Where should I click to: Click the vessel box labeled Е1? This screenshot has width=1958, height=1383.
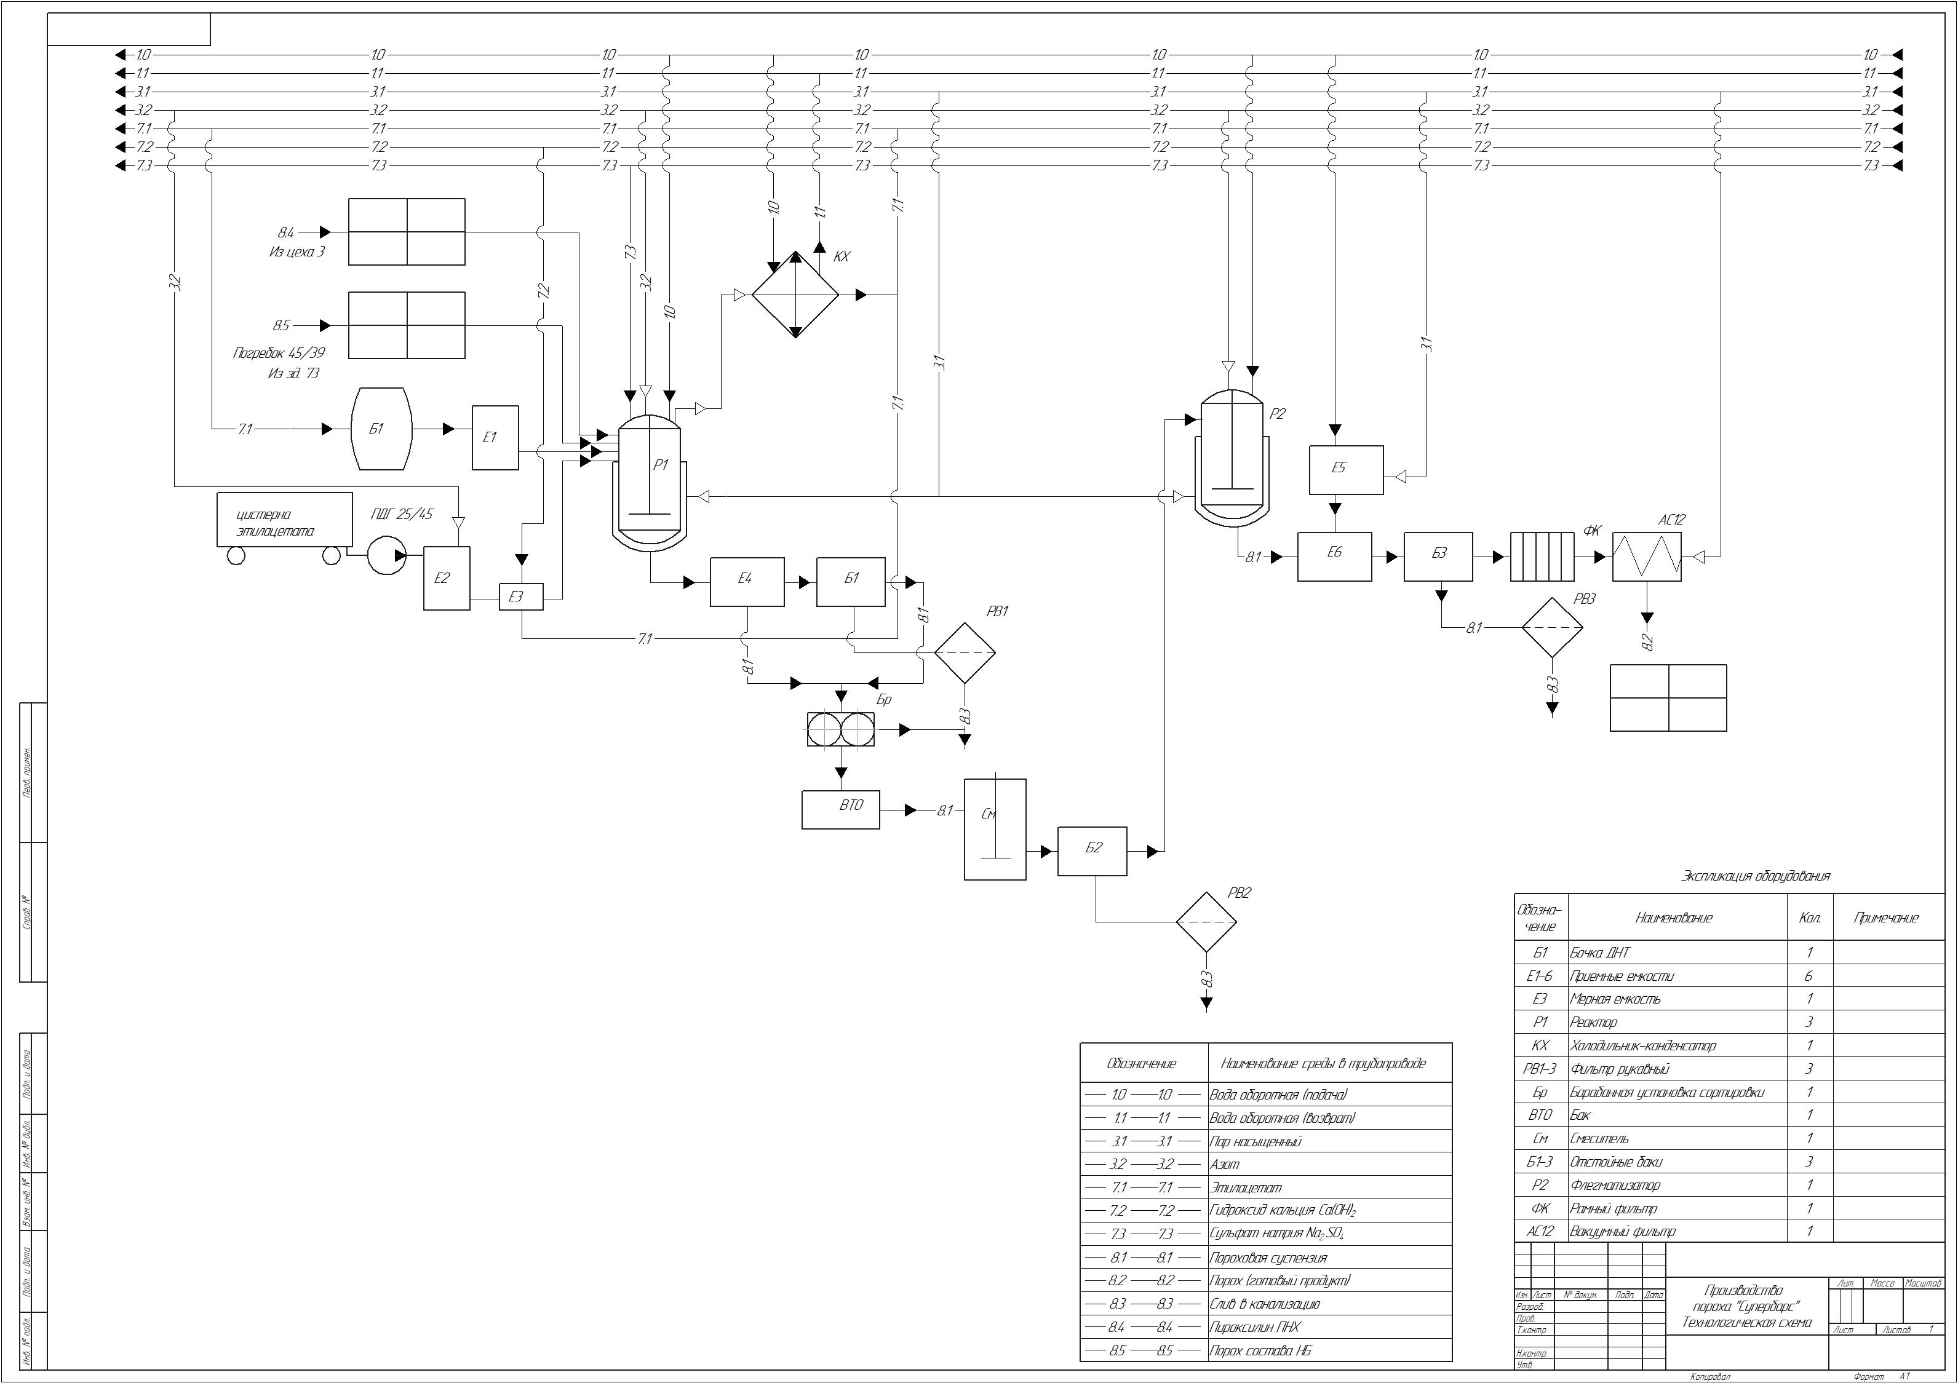495,437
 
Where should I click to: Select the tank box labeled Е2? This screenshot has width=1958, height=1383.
447,577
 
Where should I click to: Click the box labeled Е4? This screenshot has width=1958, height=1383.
747,582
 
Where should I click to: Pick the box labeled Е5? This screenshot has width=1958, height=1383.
1347,470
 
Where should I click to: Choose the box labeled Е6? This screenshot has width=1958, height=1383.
1335,557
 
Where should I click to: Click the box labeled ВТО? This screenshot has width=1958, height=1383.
841,809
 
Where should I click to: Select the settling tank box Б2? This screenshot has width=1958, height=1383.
1092,851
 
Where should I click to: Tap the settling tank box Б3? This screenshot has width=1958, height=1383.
1438,557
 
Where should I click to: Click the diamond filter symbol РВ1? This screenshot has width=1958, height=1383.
965,653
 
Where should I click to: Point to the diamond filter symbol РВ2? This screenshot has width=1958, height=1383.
1206,922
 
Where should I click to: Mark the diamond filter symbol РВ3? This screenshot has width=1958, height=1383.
1552,628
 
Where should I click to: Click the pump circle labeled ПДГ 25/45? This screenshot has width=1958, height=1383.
387,555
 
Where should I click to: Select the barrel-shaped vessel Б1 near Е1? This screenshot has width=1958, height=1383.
382,429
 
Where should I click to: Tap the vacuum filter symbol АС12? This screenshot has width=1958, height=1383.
1647,557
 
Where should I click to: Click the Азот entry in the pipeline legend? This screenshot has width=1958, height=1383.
1225,1164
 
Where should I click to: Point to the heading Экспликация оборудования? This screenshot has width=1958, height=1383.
1756,876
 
